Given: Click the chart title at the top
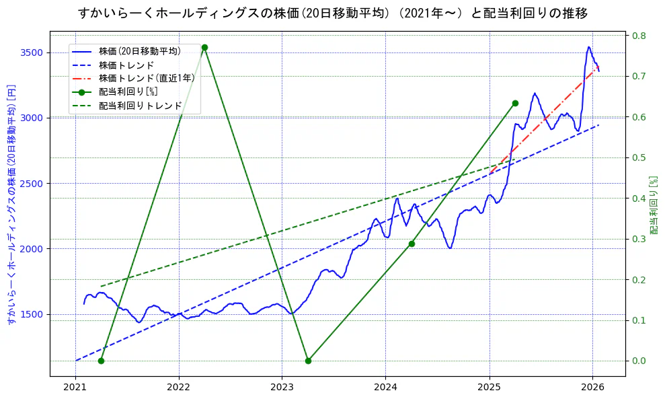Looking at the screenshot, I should pos(332,13).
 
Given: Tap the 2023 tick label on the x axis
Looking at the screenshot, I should pos(282,388).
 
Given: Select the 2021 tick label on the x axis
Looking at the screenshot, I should pos(75,388).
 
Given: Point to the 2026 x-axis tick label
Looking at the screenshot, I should pos(592,388).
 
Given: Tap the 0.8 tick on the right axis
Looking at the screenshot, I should pos(638,36).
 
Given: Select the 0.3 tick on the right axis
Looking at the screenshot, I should pos(638,239).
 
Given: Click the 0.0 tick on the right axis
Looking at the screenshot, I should pos(638,361).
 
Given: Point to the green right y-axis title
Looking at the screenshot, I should pos(654,205).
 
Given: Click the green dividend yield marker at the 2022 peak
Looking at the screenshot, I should pos(204,47).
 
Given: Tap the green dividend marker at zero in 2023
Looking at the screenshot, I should pos(308,361).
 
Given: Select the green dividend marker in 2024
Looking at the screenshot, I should pos(412,244).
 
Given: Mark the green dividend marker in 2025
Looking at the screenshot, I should pos(515,103).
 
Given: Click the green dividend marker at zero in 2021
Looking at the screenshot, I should pos(101,361).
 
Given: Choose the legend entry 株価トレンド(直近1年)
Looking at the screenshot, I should pos(147,78).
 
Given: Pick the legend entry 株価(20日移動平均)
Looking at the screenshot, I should pos(139,51).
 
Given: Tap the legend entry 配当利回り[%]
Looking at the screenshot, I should pos(128,92).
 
